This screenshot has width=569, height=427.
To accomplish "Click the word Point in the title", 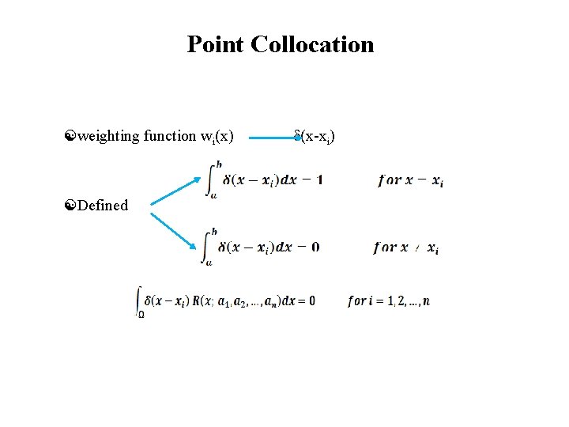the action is [x=216, y=44].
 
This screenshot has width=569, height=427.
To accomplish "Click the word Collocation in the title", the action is [x=312, y=44].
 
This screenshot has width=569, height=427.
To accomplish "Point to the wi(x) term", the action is [x=217, y=137].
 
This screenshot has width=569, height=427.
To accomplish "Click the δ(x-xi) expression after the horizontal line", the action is [x=315, y=137].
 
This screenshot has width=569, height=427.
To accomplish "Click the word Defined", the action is [x=103, y=206].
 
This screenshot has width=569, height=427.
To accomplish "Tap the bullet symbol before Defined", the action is [x=70, y=206].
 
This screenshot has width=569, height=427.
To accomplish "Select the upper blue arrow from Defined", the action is [x=175, y=190].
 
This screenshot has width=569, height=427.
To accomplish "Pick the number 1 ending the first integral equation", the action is [x=318, y=179].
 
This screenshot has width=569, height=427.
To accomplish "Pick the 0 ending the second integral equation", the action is [x=315, y=247].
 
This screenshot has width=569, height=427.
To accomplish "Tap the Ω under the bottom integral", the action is [x=141, y=314].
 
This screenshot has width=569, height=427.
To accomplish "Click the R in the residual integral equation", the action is [x=205, y=300].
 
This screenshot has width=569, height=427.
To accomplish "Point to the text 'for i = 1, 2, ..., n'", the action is [x=388, y=301].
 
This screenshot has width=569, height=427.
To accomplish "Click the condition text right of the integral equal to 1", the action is [x=410, y=180].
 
